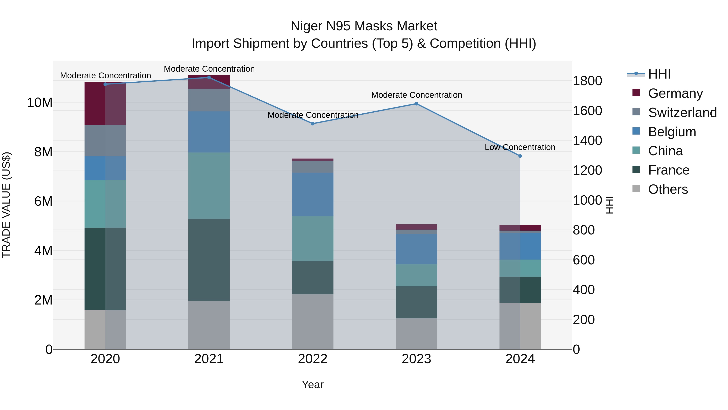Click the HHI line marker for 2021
click(x=209, y=77)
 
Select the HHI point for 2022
click(x=313, y=124)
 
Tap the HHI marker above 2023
click(x=416, y=104)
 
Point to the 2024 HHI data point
click(x=520, y=156)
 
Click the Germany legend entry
click(x=675, y=93)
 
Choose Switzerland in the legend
click(x=682, y=113)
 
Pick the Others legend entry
click(x=668, y=189)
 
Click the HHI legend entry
click(x=659, y=74)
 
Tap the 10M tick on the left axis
click(x=40, y=102)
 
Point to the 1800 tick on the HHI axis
click(x=587, y=81)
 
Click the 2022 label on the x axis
click(x=313, y=359)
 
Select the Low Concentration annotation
click(x=520, y=147)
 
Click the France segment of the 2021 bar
click(x=209, y=260)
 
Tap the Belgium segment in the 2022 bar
click(x=313, y=194)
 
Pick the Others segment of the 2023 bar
click(x=416, y=334)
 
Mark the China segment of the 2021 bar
click(x=209, y=186)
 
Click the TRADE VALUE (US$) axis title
click(x=6, y=205)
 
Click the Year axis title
click(x=313, y=384)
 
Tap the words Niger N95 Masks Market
click(x=364, y=26)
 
